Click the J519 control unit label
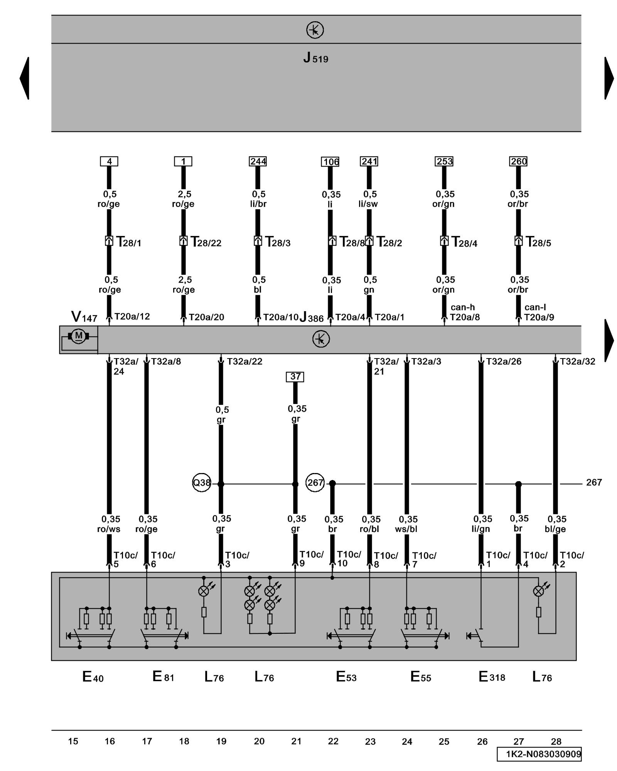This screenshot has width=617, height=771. [315, 58]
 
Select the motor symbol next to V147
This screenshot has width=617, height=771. [79, 336]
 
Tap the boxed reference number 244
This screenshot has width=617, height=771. [258, 161]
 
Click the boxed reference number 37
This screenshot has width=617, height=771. [295, 377]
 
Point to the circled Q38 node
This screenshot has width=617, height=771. [202, 483]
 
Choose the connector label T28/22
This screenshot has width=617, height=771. [206, 242]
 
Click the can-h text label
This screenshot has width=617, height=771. [462, 307]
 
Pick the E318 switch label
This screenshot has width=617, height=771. [492, 677]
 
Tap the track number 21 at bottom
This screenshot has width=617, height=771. [296, 741]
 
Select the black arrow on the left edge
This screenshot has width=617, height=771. [25, 78]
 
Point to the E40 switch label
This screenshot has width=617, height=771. [93, 677]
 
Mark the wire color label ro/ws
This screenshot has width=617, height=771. [109, 529]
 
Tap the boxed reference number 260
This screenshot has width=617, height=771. [518, 161]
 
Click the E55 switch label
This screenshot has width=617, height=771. [421, 677]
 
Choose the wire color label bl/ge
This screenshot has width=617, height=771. [555, 529]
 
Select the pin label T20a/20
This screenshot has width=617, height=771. [206, 317]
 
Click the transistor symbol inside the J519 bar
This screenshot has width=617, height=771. [315, 30]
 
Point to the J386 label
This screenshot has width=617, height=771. [312, 317]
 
